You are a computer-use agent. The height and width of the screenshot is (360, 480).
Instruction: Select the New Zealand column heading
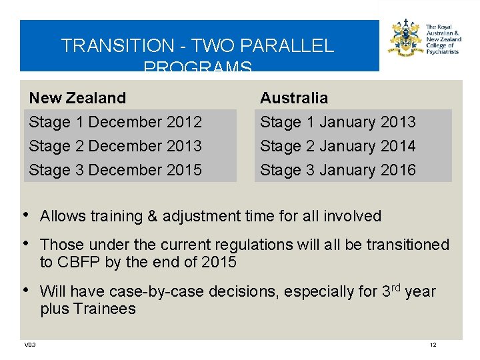pos(77,98)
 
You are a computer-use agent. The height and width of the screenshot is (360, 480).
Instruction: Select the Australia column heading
pos(294,98)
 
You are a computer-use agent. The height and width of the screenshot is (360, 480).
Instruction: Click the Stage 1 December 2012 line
pos(115,122)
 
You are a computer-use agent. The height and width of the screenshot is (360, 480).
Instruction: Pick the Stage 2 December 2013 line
pos(115,146)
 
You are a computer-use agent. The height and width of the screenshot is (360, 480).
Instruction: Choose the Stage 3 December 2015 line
pos(115,170)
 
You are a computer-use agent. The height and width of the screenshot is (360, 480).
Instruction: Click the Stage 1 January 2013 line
pos(337,122)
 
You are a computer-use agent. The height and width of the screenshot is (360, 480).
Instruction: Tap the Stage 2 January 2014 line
pos(337,146)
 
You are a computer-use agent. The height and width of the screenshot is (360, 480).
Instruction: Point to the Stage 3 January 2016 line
pos(337,170)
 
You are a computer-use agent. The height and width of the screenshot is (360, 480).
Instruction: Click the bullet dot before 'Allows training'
pos(25,215)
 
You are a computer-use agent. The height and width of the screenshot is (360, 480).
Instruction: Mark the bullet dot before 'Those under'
pos(25,243)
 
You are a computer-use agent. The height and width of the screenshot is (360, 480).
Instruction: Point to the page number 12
pos(433,345)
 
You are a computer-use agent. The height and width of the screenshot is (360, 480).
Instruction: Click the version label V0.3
pos(30,345)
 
